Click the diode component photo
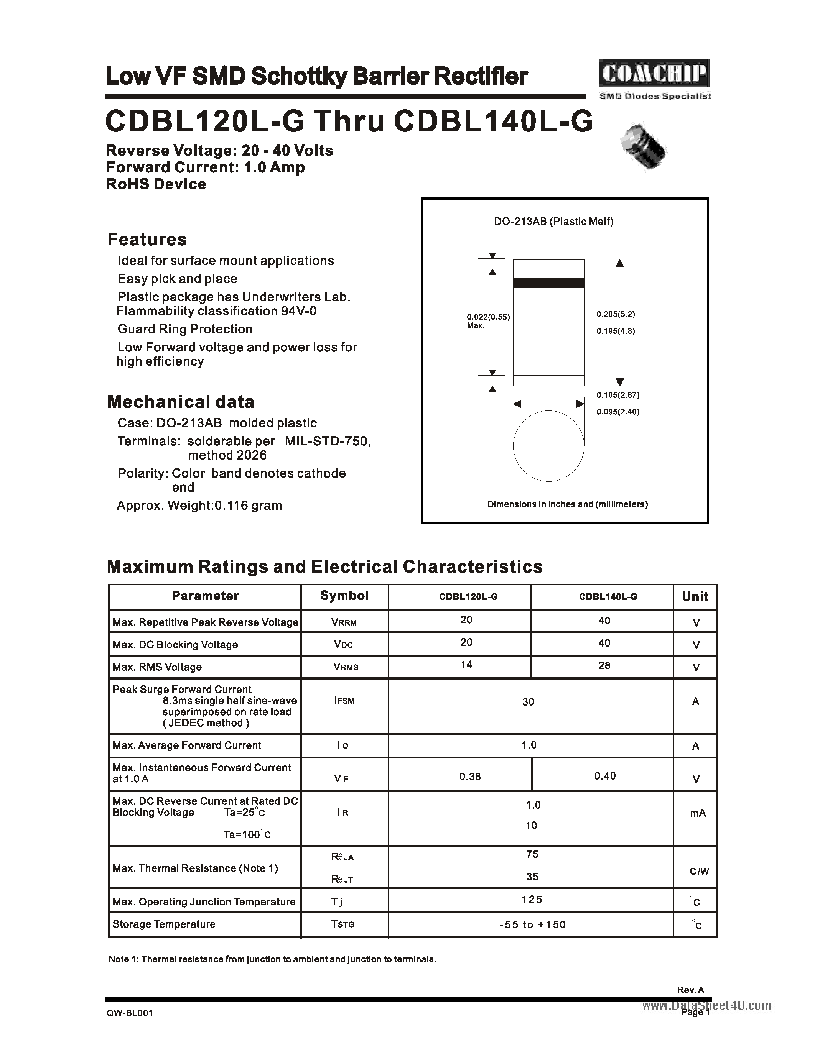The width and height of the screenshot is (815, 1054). [x=644, y=147]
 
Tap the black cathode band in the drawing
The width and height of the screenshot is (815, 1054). [x=548, y=283]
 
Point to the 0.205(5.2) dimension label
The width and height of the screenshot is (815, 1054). [x=616, y=314]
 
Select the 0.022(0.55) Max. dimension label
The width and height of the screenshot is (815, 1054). [x=487, y=321]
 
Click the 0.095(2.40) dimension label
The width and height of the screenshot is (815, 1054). [x=617, y=412]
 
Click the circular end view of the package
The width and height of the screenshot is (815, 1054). [x=548, y=445]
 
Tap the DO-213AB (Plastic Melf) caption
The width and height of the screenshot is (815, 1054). [x=553, y=222]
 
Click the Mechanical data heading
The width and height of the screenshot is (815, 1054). [x=181, y=402]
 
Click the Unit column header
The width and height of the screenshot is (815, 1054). [x=695, y=596]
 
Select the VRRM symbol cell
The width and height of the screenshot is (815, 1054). [x=344, y=622]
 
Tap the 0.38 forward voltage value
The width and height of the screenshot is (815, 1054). [x=470, y=777]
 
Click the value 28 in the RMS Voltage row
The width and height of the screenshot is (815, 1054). [x=604, y=665]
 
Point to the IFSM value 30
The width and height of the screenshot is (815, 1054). [x=528, y=702]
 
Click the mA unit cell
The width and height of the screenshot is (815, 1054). [x=698, y=814]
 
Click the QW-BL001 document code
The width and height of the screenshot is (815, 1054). [x=130, y=1013]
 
